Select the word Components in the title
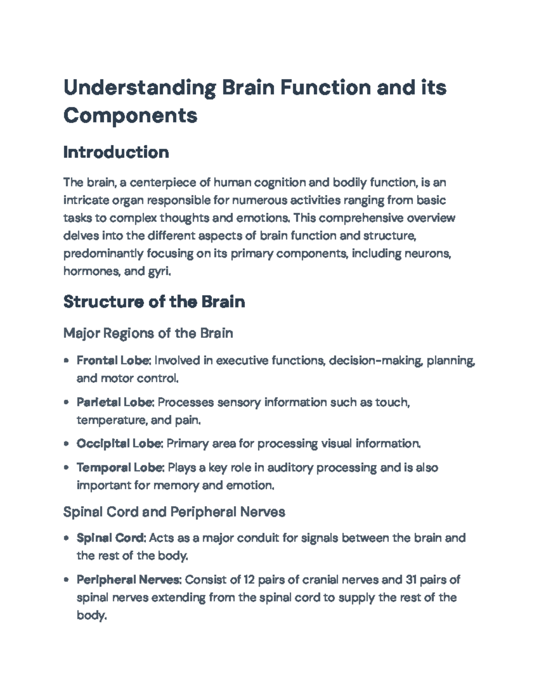[130, 115]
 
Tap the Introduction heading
[116, 152]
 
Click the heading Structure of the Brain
[154, 302]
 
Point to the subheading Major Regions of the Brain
[148, 333]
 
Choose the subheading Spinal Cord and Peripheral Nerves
[174, 512]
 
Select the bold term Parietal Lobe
[115, 402]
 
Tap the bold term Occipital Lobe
[119, 444]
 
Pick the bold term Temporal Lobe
[119, 468]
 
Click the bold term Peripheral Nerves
[128, 580]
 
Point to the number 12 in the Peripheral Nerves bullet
[249, 580]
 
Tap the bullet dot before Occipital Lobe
[66, 444]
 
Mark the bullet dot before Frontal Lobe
[66, 360]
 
